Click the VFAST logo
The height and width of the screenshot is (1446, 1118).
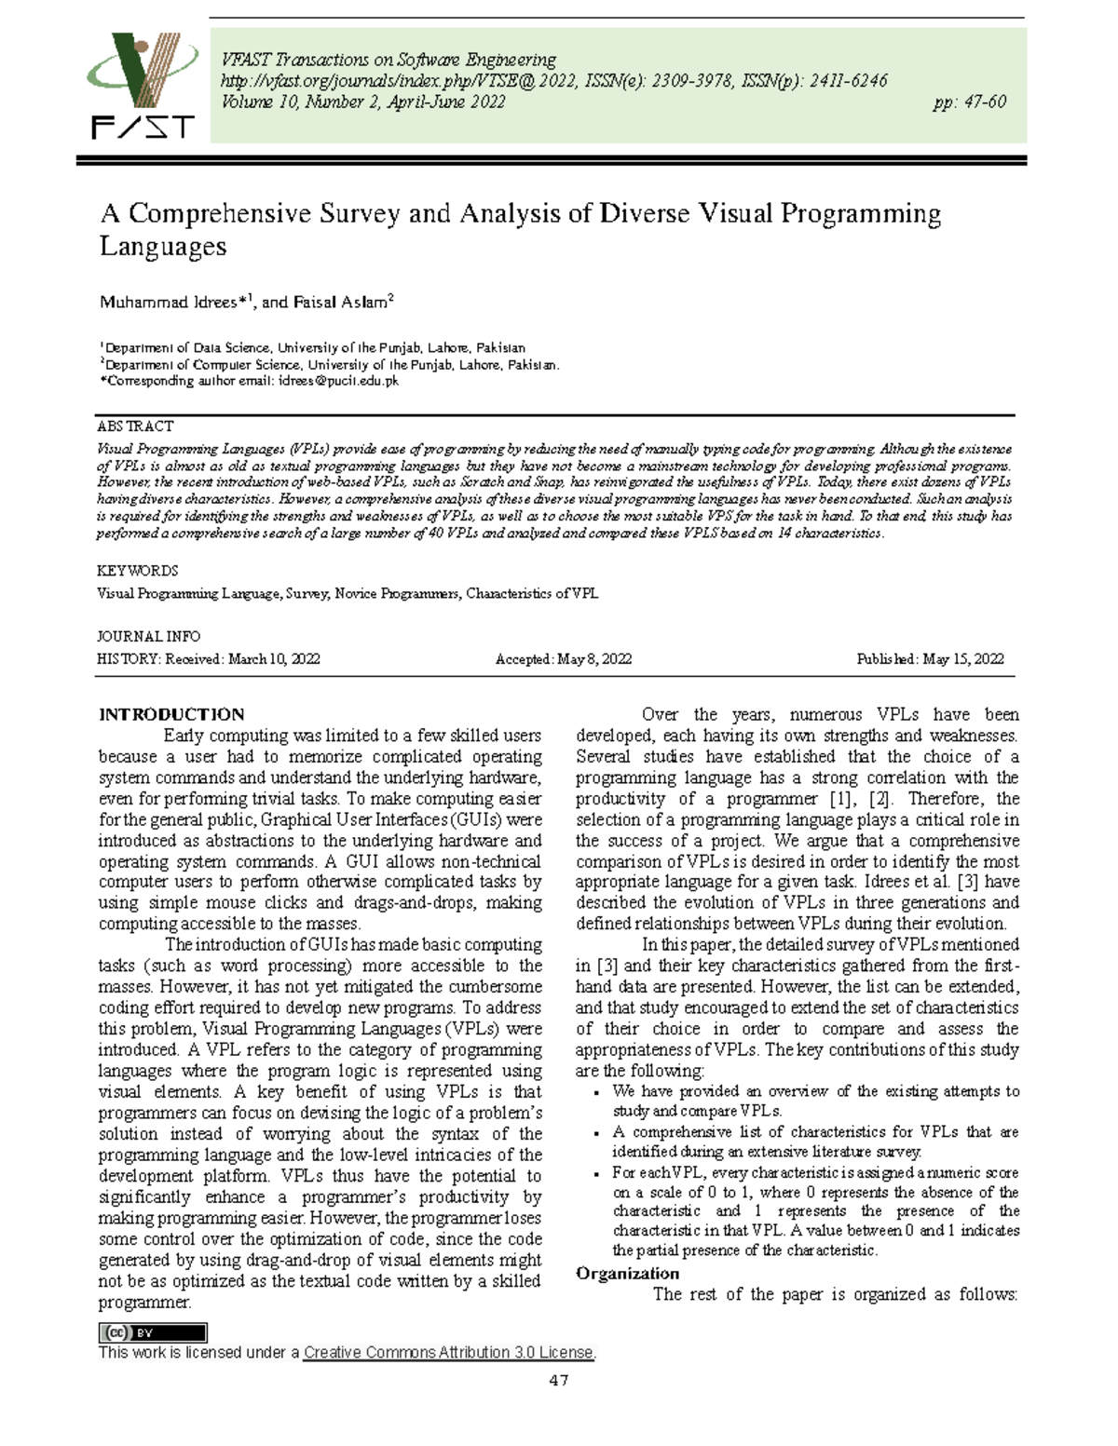coord(143,86)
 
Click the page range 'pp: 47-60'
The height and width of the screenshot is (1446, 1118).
coord(969,102)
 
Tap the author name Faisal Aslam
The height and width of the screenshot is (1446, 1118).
coord(343,303)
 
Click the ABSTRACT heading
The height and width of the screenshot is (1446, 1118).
coord(135,426)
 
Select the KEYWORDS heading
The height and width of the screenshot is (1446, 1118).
coord(137,571)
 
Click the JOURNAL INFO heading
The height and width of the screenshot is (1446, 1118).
coord(148,637)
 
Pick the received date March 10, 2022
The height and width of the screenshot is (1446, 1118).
coord(274,659)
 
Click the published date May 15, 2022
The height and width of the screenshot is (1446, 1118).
coord(963,659)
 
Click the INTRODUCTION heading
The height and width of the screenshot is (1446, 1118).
coord(171,714)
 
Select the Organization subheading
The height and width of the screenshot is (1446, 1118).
coord(627,1273)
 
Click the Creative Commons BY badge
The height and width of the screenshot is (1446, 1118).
coord(153,1332)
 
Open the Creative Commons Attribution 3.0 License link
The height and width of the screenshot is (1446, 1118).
coord(448,1352)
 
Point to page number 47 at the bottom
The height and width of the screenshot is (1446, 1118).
coord(559,1380)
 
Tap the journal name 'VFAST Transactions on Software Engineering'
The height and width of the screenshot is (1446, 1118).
coord(389,60)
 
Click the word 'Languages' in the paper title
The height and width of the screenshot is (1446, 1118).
coord(163,248)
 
